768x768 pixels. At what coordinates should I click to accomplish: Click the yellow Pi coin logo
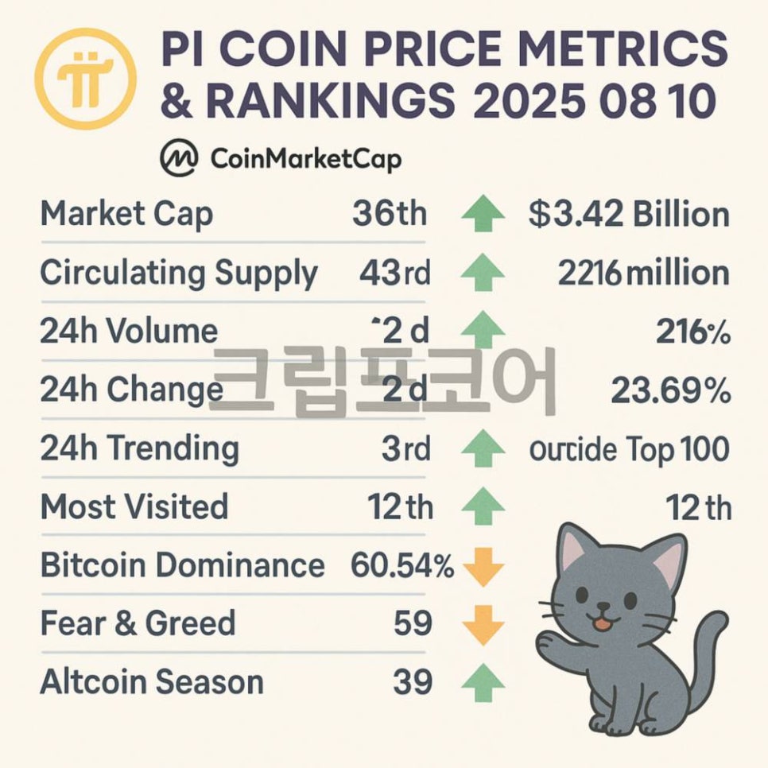pos(86,78)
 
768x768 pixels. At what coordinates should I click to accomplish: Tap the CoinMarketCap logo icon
pos(179,159)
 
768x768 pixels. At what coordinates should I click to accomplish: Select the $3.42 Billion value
pos(628,215)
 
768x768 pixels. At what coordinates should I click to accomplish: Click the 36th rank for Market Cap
pos(389,215)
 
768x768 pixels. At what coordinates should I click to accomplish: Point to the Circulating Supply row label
pos(179,273)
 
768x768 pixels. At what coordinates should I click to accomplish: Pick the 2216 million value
pos(643,273)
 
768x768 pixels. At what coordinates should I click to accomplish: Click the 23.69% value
pos(670,390)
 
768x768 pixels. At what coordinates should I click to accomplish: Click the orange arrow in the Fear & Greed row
pos(483,625)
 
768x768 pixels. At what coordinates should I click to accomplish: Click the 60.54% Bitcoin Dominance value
pos(402,566)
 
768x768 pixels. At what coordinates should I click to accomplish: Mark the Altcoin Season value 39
pos(413,682)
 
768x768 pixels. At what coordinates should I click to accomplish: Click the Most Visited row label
pos(134,507)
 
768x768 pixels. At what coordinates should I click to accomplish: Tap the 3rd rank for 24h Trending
pos(405,449)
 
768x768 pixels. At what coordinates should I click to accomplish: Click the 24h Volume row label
pos(129,332)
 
